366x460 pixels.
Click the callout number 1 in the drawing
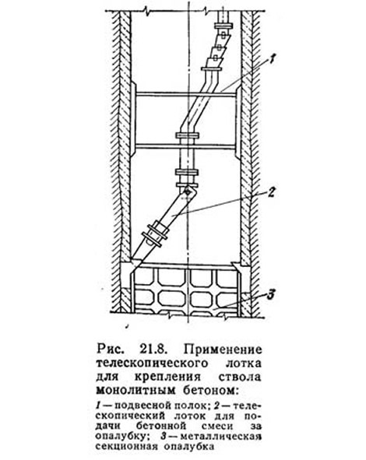272,61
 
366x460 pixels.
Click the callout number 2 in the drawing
271,192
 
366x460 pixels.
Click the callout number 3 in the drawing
271,294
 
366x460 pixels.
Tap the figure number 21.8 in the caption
154,349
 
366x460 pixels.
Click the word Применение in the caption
223,349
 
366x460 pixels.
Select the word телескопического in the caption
152,363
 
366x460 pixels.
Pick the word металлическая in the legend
220,437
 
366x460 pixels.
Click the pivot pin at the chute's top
187,191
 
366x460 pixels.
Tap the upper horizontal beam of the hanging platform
186,93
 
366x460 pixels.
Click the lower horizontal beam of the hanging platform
186,146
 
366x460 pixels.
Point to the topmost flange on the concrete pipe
225,26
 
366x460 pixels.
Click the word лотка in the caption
243,363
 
